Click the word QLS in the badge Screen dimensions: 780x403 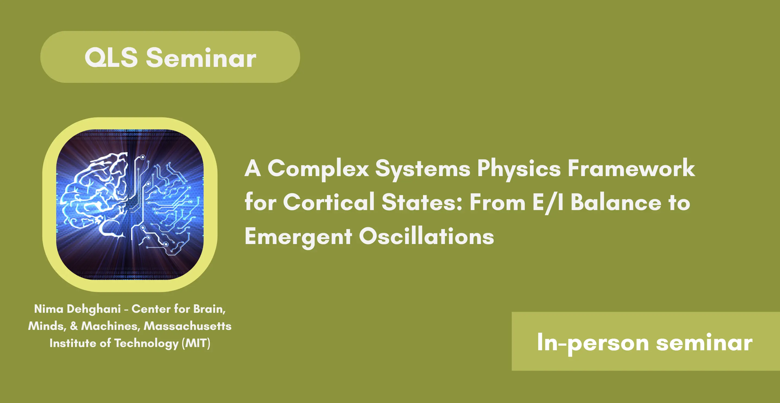pos(111,57)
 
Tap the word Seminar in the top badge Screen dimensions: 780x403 pos(201,57)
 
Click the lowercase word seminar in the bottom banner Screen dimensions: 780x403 pos(704,342)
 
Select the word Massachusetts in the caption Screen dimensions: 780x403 pos(187,326)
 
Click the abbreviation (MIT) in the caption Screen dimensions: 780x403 pos(196,343)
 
